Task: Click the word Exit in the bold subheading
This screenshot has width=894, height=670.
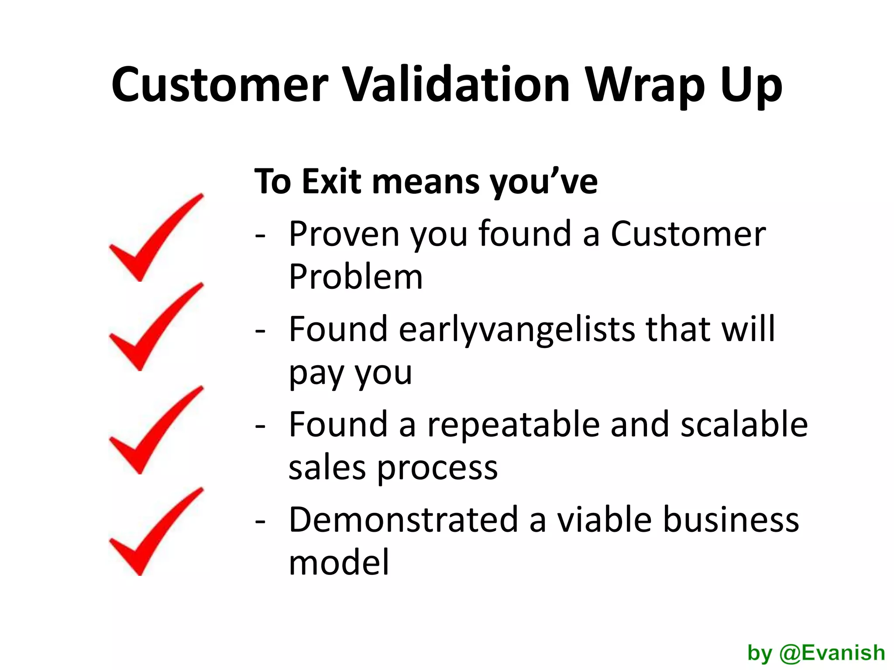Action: [x=331, y=181]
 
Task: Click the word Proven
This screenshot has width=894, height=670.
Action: [x=344, y=235]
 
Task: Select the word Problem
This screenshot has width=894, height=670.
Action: [x=356, y=277]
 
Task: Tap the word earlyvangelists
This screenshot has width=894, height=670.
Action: [x=517, y=330]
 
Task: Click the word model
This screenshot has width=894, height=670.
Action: [x=339, y=562]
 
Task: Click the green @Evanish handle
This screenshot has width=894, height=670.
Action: [x=832, y=653]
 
